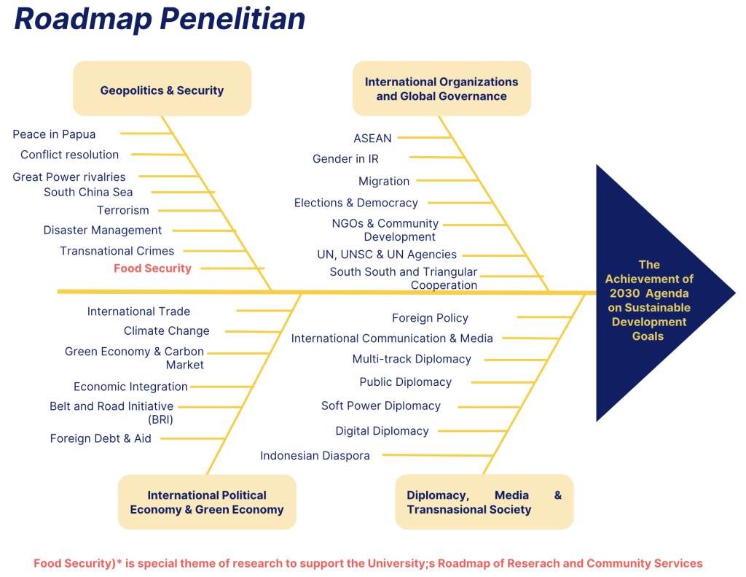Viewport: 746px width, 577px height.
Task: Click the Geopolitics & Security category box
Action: (x=162, y=90)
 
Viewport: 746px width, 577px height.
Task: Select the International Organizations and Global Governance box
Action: (x=441, y=89)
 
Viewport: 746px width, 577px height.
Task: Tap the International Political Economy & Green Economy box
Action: (x=207, y=502)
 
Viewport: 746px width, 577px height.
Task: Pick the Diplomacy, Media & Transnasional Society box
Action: (x=484, y=502)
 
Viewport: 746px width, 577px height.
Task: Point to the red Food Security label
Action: (x=152, y=268)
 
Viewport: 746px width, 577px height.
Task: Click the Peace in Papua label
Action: (x=54, y=134)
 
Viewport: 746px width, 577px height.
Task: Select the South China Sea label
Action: (x=88, y=192)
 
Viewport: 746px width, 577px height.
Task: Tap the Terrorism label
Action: (x=123, y=210)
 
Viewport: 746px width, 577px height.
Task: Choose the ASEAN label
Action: (x=372, y=138)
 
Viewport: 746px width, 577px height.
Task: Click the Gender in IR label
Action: (x=345, y=159)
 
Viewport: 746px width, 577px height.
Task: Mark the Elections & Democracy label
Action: (x=356, y=203)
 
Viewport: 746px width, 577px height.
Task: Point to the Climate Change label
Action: (x=166, y=330)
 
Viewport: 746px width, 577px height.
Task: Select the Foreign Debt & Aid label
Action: (x=101, y=438)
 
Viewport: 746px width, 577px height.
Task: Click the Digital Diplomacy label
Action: (x=382, y=431)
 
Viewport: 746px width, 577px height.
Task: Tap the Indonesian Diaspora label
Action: (x=315, y=456)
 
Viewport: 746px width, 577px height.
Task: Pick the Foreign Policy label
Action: (x=430, y=318)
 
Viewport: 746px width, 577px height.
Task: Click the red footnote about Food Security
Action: (x=368, y=563)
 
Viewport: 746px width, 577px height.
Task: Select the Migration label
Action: (x=384, y=181)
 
